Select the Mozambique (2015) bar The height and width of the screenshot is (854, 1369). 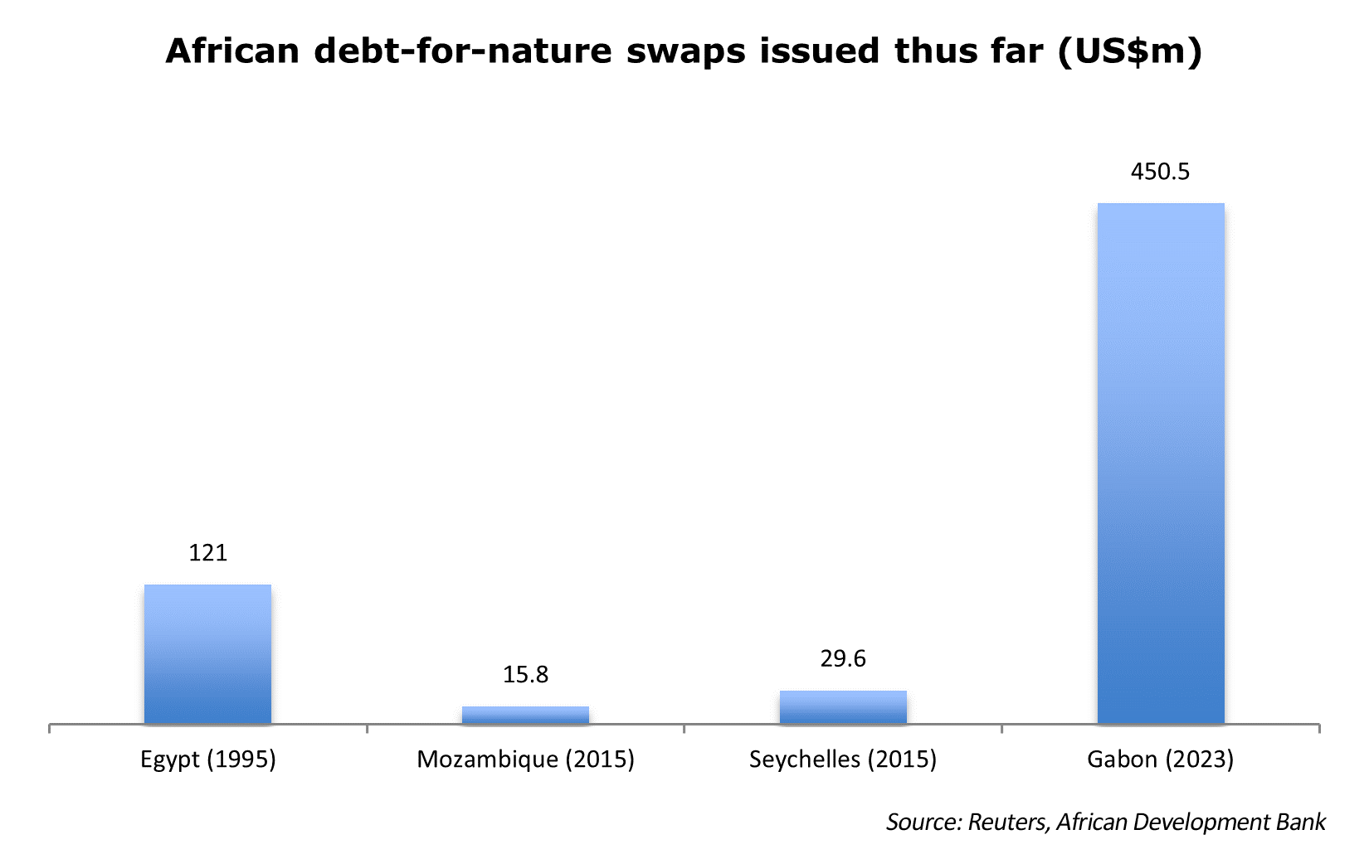(x=525, y=715)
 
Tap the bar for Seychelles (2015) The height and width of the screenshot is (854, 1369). (x=843, y=706)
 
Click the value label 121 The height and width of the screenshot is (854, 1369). (x=207, y=553)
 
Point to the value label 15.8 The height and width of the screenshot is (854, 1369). (x=525, y=675)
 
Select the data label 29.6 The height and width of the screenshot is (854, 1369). (x=843, y=659)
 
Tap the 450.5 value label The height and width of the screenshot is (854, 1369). (x=1160, y=172)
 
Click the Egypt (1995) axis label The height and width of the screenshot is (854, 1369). (x=207, y=759)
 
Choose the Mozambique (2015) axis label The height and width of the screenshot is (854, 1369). (x=525, y=759)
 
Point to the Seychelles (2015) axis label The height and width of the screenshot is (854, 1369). (x=843, y=759)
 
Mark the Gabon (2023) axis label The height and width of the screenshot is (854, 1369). (x=1160, y=759)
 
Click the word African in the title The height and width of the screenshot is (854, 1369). (x=232, y=51)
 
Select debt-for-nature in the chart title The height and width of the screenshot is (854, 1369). (x=463, y=51)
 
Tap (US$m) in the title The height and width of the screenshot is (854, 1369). (x=1130, y=51)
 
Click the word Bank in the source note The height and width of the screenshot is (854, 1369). (x=1301, y=822)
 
